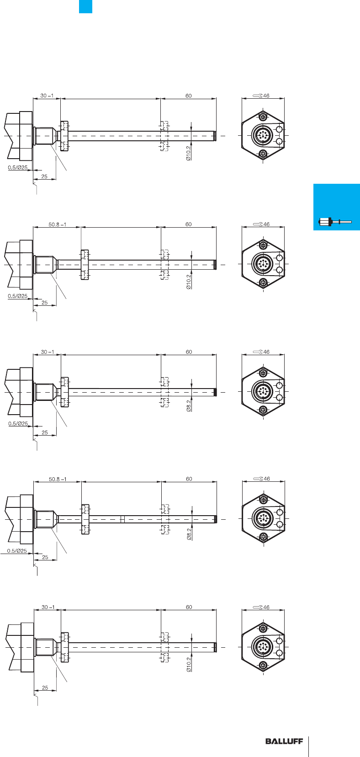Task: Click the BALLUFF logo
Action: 284,741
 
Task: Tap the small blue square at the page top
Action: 85,7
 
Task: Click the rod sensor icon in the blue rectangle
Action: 335,222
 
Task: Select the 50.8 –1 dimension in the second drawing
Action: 58,224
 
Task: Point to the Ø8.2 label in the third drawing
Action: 189,405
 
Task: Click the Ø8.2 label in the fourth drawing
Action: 189,534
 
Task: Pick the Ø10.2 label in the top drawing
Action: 188,153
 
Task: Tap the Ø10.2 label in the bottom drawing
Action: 189,664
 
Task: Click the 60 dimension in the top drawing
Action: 188,96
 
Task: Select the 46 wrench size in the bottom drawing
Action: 266,607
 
